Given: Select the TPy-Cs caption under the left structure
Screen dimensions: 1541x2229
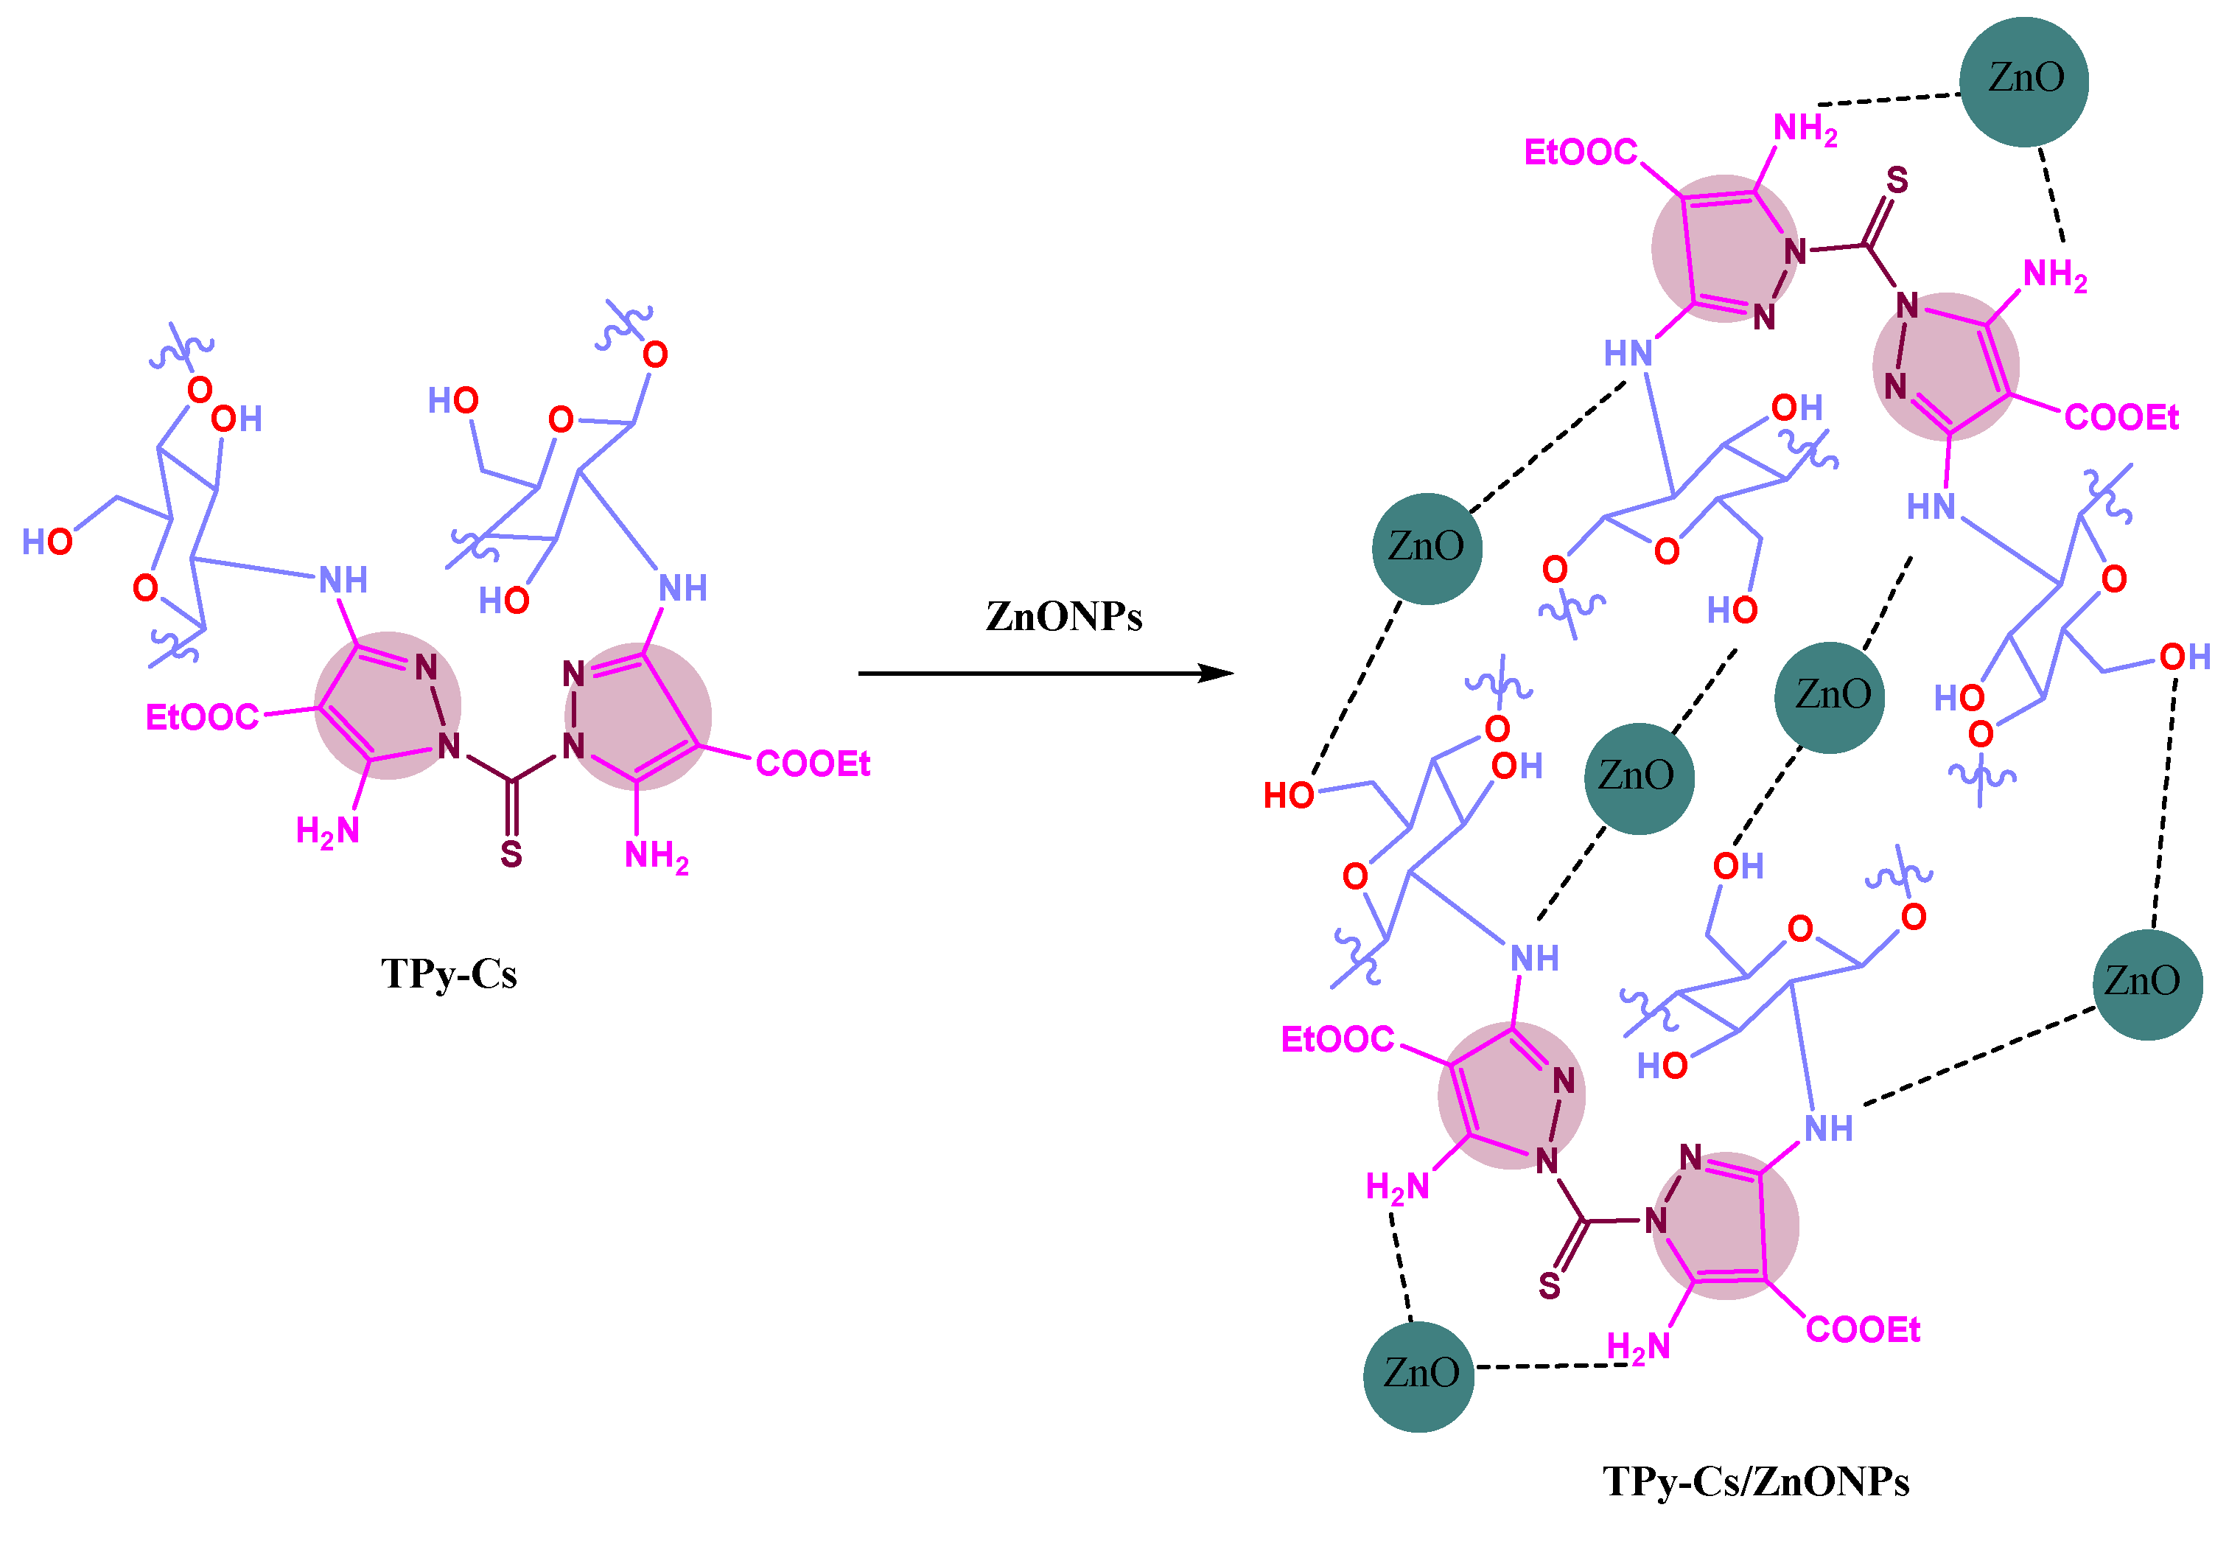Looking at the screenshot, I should pos(449,974).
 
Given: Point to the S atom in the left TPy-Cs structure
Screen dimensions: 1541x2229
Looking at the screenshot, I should pos(511,853).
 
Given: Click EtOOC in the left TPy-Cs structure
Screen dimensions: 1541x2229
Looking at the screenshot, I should pos(202,717).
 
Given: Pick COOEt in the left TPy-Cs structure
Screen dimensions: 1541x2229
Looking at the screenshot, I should pos(812,763).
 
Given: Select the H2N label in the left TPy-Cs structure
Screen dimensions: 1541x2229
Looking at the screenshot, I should pos(327,831).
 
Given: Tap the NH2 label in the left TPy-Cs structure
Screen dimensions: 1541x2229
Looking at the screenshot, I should pos(657,856).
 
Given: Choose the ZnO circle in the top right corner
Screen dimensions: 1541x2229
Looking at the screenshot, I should pos(2023,81).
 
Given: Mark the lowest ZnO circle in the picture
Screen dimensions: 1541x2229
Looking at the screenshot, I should pos(1418,1376).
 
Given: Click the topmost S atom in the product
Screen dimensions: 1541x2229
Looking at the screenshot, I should pos(1897,181).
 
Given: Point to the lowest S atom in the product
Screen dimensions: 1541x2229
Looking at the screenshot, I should pos(1550,1285).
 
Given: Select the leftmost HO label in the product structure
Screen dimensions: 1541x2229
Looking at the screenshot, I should pos(1289,796).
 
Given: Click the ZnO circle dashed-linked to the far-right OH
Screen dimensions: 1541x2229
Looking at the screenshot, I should pos(2147,984).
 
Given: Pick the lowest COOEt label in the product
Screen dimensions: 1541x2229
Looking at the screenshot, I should pos(1862,1329).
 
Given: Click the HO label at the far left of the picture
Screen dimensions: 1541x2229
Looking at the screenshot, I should pos(47,542).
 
